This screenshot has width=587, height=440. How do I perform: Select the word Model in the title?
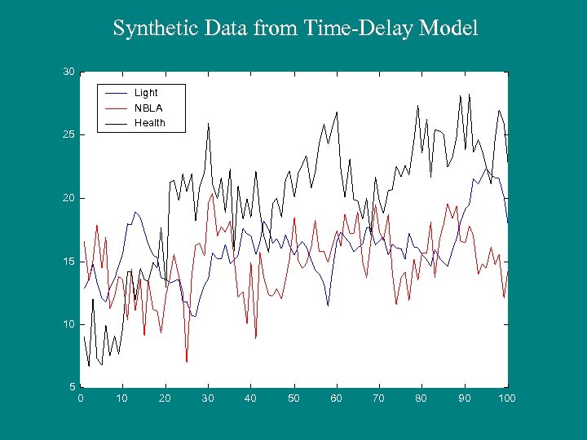click(449, 29)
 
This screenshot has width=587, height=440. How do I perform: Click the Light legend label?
click(146, 93)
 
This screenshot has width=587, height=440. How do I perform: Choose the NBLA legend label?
click(148, 108)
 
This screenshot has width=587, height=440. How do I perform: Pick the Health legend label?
click(150, 123)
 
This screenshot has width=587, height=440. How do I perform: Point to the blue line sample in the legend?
click(117, 93)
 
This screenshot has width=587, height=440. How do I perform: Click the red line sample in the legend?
click(117, 108)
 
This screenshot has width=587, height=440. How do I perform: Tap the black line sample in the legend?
click(117, 123)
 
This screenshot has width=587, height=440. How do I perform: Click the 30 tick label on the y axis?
click(68, 72)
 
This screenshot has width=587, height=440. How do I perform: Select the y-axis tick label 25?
click(68, 134)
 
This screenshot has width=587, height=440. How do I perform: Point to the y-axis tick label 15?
click(68, 261)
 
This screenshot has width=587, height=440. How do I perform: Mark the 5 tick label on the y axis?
click(72, 387)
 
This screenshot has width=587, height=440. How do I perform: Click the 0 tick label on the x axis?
click(80, 398)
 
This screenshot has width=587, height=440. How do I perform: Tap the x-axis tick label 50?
click(293, 398)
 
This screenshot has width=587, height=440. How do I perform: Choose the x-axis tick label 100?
click(507, 398)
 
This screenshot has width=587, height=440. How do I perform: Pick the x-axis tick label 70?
click(379, 398)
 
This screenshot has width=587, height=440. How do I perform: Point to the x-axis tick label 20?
click(166, 398)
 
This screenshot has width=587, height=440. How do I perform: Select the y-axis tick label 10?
click(68, 324)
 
